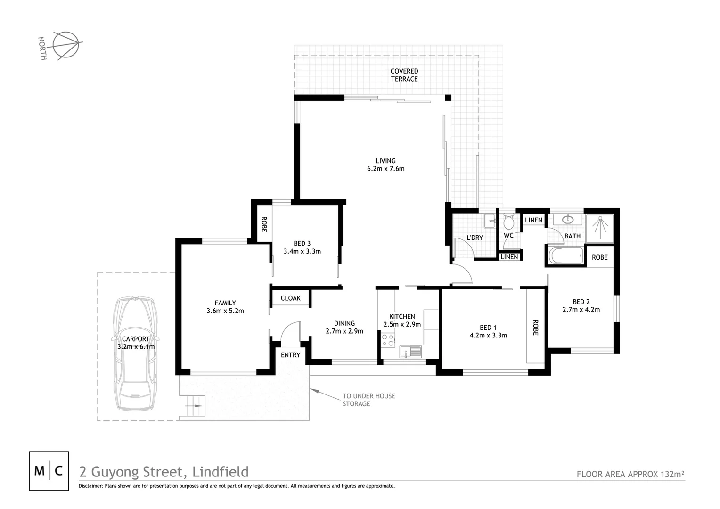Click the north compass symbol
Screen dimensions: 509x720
click(x=65, y=45)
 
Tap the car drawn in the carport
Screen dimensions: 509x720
click(x=135, y=353)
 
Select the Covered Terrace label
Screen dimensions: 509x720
click(x=404, y=75)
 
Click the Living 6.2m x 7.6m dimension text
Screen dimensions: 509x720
click(x=385, y=168)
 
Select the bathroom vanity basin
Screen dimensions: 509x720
click(x=568, y=220)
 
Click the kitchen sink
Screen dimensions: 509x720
click(x=410, y=352)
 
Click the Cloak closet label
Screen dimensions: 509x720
click(x=290, y=298)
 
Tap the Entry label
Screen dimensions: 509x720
click(x=290, y=355)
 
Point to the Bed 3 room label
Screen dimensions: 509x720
click(x=302, y=243)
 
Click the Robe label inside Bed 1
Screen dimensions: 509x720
click(x=535, y=328)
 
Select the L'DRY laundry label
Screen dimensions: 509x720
click(x=475, y=238)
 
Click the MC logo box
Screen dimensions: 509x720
click(x=49, y=471)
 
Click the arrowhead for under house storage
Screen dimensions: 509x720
click(x=314, y=390)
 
